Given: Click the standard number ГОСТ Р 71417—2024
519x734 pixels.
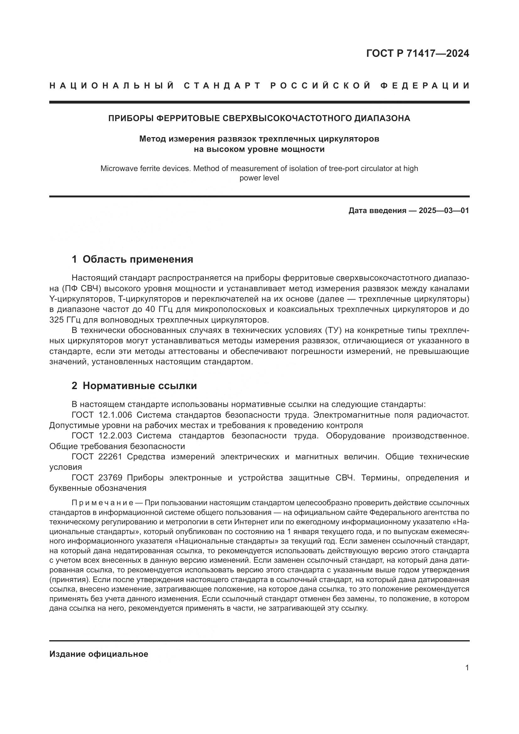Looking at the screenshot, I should tap(417, 53).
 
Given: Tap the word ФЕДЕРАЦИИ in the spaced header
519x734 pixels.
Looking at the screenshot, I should tap(425, 86).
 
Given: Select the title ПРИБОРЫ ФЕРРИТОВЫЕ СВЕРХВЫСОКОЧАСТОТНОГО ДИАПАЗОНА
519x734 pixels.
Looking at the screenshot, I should tap(259, 118).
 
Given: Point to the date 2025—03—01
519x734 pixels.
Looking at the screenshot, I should tap(444, 211).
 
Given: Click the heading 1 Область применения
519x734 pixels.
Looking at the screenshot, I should tap(132, 259).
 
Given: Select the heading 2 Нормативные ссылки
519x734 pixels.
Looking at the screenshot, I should tap(134, 386).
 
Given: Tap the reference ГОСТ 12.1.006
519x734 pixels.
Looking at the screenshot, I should tap(102, 415).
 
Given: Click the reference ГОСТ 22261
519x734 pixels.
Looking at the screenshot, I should tap(97, 457).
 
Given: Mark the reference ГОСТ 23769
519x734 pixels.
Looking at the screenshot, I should tap(97, 478).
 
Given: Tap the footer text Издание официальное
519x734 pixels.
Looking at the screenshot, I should tap(99, 654).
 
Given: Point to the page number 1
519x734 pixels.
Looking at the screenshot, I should tap(467, 668).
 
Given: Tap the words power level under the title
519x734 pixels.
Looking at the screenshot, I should tap(259, 178).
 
